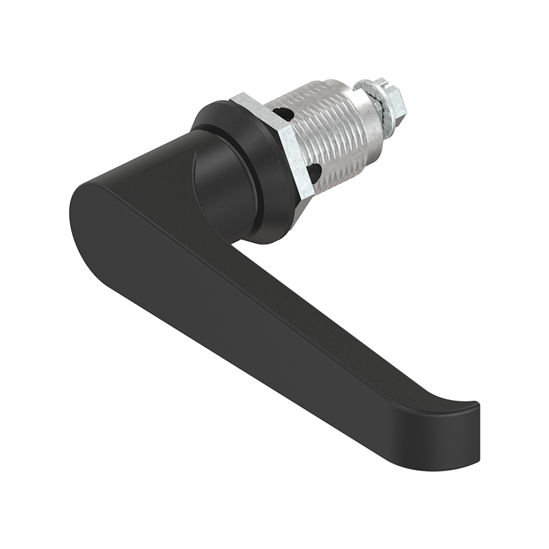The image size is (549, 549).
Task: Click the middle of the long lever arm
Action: (x=288, y=316)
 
